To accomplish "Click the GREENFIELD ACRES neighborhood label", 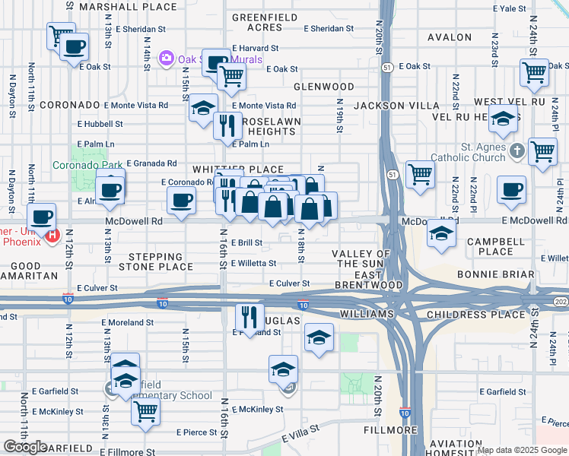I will (256, 22).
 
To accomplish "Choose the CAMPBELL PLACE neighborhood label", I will (490, 246).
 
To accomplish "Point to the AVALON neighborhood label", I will (450, 37).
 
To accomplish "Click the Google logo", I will (25, 447).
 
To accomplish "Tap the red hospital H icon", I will (52, 236).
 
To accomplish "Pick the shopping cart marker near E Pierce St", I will (145, 411).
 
